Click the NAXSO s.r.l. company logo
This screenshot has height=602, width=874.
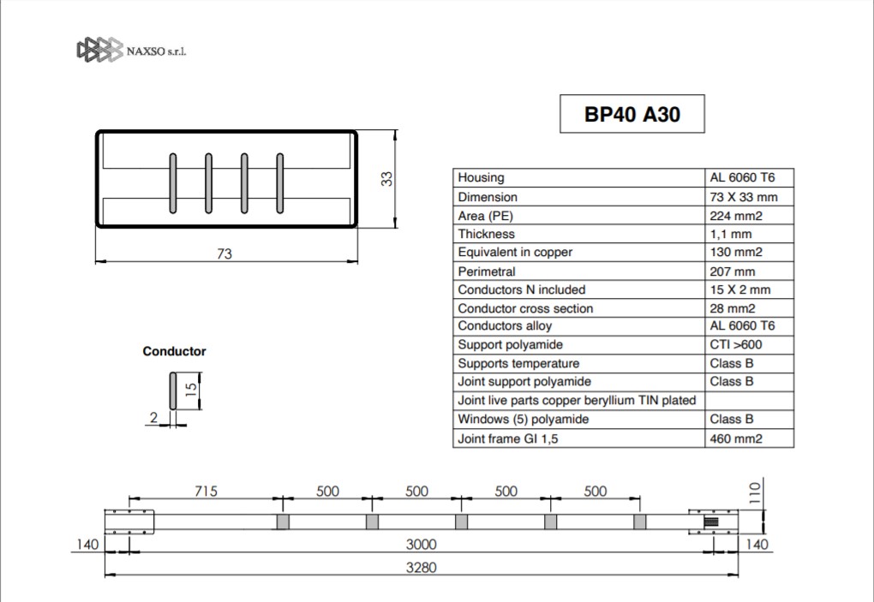(132, 51)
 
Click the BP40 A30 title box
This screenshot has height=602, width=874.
(632, 114)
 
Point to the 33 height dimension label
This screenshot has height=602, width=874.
(386, 179)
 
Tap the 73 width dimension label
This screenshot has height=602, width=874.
(224, 254)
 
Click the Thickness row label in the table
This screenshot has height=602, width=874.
(486, 234)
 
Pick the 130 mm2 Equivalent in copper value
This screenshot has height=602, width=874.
(736, 253)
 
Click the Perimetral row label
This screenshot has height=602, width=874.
(487, 271)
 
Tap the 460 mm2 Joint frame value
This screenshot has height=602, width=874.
(736, 438)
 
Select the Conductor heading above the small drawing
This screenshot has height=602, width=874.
(175, 351)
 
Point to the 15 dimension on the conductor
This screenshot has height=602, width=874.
(190, 389)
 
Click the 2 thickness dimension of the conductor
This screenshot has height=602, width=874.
(154, 417)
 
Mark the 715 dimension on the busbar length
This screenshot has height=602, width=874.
(206, 492)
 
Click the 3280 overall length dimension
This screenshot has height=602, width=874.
(421, 568)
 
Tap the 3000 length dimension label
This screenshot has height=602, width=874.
(421, 544)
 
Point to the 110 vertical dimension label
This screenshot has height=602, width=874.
(754, 493)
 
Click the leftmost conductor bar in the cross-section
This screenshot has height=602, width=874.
(173, 183)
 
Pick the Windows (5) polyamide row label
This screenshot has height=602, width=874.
(523, 420)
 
